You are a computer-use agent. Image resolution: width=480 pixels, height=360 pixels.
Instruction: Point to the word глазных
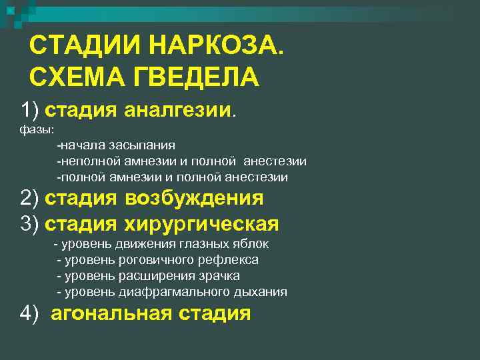tap(207, 244)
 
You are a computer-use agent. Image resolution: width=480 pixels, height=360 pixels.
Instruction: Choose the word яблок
tap(251, 244)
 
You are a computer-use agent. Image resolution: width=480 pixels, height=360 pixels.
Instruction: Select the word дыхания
tap(261, 292)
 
